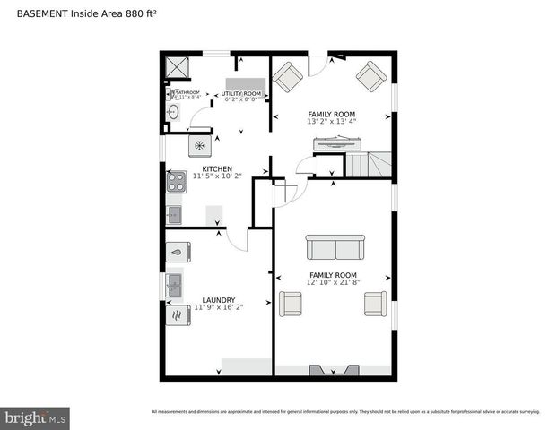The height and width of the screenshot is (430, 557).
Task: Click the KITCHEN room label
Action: (217, 168)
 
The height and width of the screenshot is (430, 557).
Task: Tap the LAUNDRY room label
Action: (218, 300)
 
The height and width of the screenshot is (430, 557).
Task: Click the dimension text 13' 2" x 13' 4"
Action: (332, 121)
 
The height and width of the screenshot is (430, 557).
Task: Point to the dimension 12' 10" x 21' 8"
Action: (333, 282)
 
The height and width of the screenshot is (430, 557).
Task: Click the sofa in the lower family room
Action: (335, 247)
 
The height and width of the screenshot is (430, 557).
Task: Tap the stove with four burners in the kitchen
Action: (176, 182)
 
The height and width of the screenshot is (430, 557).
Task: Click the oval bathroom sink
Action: (174, 113)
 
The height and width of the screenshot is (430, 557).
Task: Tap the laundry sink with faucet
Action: (175, 285)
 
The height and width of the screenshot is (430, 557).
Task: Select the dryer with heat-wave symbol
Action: (175, 314)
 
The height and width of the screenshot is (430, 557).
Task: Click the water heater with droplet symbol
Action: (177, 253)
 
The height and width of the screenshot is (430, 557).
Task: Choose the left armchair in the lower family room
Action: (292, 304)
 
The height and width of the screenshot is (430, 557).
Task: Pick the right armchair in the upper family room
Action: (370, 77)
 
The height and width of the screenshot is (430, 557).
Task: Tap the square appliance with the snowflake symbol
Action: (199, 144)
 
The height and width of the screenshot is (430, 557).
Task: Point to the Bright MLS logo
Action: (35, 417)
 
